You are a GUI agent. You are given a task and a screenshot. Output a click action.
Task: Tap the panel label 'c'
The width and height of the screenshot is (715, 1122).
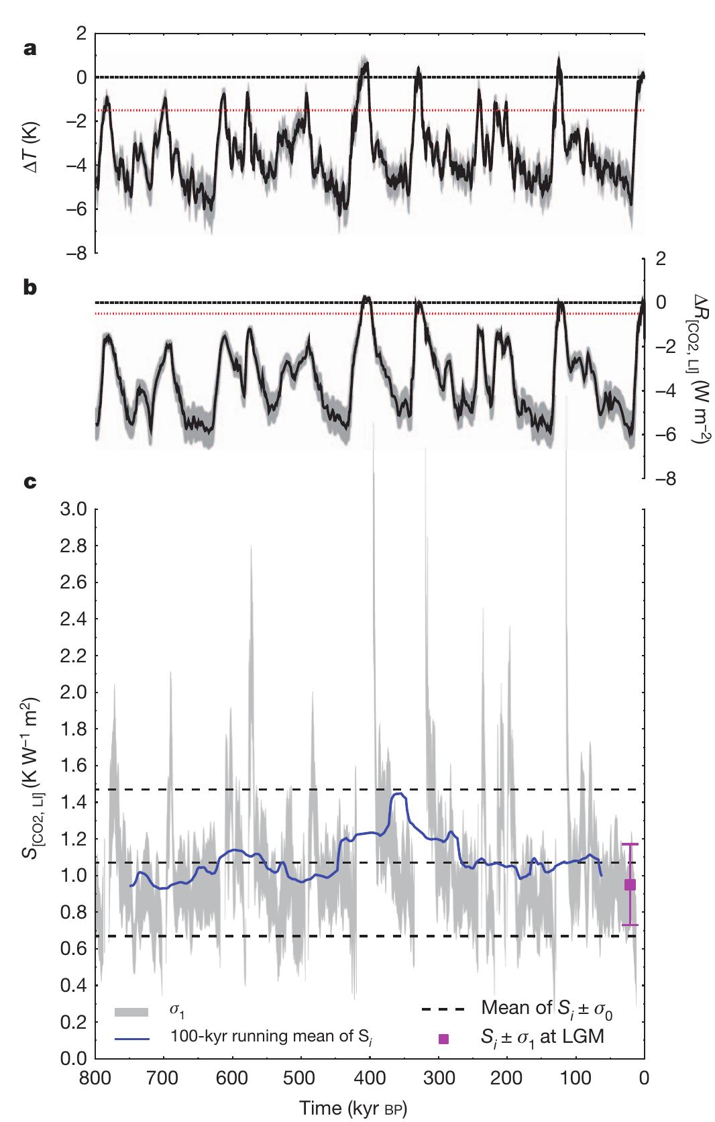coord(29,482)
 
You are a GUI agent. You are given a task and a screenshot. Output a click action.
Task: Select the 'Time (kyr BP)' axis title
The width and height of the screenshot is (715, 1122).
coord(359,1107)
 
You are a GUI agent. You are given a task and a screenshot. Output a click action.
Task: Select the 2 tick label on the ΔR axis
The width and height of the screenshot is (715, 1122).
coord(660,258)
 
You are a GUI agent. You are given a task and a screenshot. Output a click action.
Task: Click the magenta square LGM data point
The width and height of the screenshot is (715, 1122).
coord(630,884)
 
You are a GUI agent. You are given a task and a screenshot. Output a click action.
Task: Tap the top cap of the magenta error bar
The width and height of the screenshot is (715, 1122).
coord(630,844)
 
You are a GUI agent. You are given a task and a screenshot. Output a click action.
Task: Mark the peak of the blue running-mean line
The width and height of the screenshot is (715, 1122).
coord(400,793)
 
